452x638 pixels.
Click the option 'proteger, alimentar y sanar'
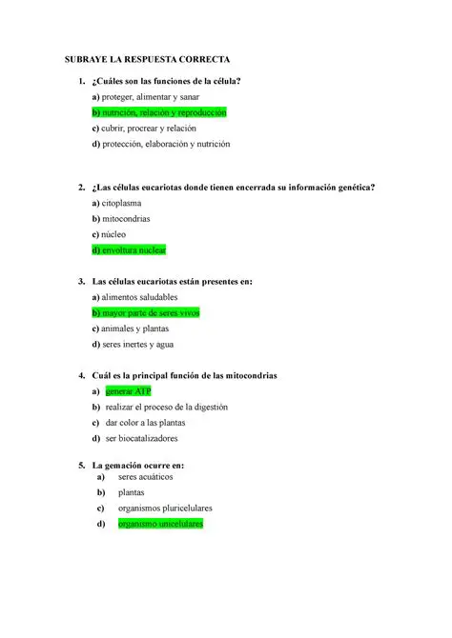coord(146,97)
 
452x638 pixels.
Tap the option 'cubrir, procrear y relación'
coord(147,129)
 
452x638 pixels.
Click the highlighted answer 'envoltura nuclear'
coord(130,249)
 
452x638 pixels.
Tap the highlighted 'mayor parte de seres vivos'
coord(145,312)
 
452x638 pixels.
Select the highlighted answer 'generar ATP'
coord(129,391)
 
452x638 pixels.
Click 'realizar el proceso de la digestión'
coord(167,407)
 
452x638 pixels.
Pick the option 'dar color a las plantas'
coord(146,423)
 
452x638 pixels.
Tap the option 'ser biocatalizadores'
coord(141,438)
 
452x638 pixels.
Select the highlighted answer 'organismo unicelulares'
coord(160,524)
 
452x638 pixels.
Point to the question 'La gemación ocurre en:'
coord(137,465)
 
